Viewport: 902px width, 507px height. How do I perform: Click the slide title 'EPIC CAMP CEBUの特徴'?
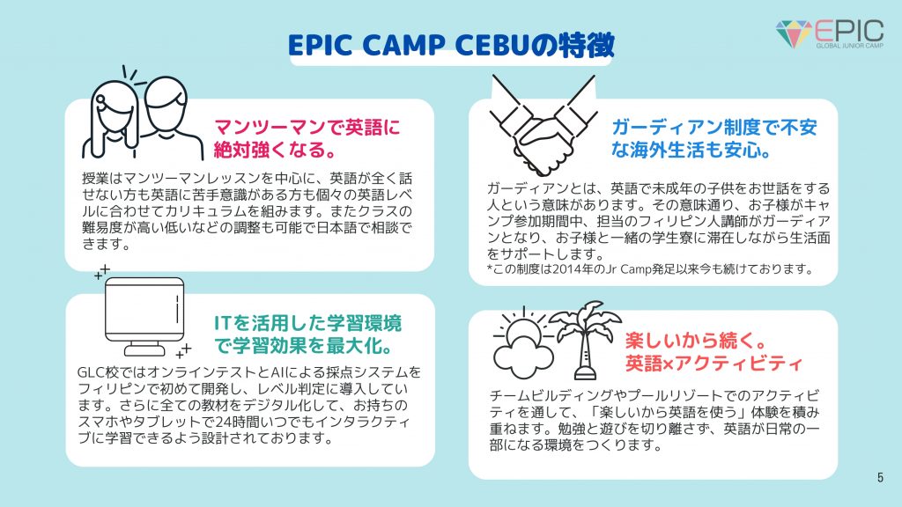click(x=450, y=46)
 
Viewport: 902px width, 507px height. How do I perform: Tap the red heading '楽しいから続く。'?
click(x=689, y=340)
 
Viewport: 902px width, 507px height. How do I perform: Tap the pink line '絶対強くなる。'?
click(x=270, y=147)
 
